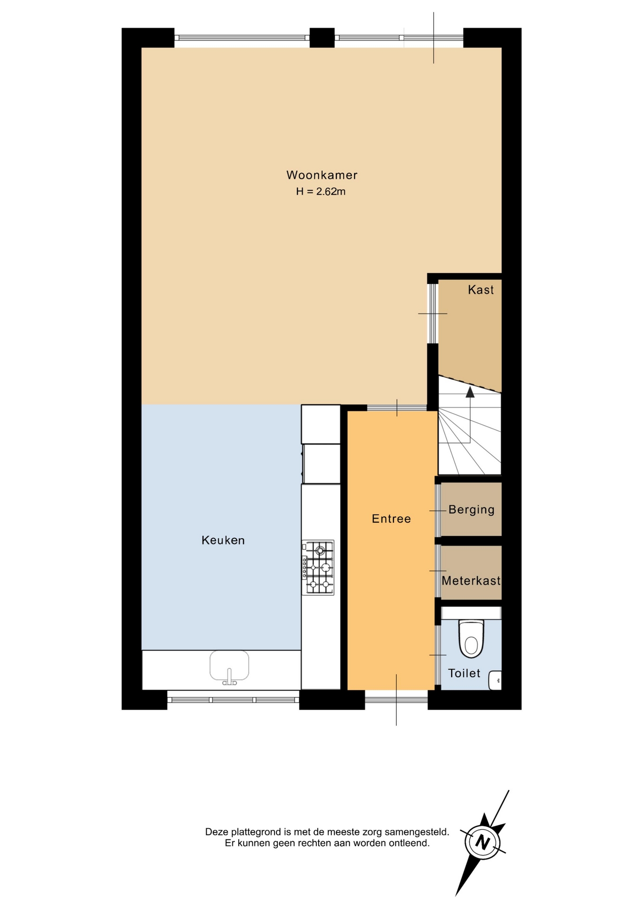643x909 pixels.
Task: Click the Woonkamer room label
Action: [x=321, y=175]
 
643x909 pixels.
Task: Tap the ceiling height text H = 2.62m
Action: [x=321, y=192]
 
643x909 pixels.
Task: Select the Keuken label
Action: [x=223, y=540]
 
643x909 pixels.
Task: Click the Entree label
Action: [x=391, y=519]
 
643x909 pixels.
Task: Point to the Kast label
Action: [x=481, y=290]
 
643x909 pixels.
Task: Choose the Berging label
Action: [x=471, y=510]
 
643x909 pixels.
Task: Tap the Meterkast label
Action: [x=471, y=580]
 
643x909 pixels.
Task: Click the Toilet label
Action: [x=464, y=673]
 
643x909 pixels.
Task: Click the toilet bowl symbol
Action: [x=471, y=638]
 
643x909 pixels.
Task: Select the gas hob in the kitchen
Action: [x=318, y=567]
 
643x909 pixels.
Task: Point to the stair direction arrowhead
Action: [x=470, y=392]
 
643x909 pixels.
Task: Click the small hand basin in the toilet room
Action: [x=495, y=680]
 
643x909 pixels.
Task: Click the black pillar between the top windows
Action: [x=322, y=38]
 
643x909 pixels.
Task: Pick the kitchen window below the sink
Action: [x=233, y=700]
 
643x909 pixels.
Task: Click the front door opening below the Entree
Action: [x=396, y=699]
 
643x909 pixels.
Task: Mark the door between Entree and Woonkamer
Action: [x=397, y=408]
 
